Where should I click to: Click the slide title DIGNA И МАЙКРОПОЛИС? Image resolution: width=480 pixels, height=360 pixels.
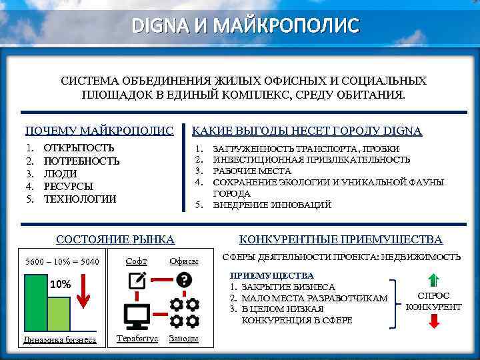(x=245, y=26)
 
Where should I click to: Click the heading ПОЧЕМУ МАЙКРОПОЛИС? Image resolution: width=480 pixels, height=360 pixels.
(x=99, y=131)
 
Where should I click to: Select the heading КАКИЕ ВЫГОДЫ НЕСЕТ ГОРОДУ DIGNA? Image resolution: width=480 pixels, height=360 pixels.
(x=307, y=131)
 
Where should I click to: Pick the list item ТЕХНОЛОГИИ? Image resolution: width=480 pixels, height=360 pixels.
(x=80, y=199)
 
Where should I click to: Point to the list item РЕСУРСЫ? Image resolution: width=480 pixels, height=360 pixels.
(x=69, y=186)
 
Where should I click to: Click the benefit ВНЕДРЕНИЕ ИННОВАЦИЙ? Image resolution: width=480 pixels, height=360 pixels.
(x=272, y=205)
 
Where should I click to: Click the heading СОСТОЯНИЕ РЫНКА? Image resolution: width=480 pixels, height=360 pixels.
(x=115, y=239)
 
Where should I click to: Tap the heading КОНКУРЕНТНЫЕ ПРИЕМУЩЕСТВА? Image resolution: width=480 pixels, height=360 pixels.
(x=341, y=239)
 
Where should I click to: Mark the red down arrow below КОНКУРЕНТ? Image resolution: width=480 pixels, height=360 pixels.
(x=433, y=321)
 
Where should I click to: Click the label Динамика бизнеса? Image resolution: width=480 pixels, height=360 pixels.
(x=60, y=339)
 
